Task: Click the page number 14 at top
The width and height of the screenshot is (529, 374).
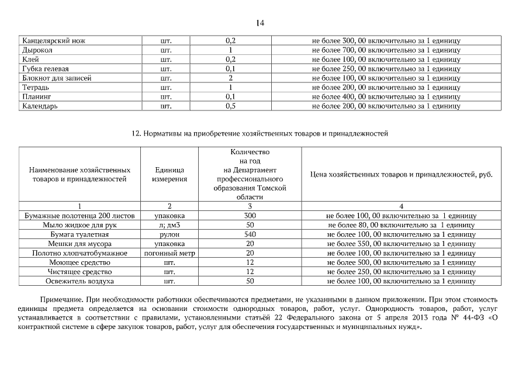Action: (260, 23)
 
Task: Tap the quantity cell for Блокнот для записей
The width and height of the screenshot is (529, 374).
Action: (230, 78)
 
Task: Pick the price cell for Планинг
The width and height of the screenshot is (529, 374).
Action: (386, 96)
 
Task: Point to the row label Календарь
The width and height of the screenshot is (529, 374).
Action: (40, 106)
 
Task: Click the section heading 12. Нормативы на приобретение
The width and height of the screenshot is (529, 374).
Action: (260, 134)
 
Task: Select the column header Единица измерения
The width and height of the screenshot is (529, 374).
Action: (170, 174)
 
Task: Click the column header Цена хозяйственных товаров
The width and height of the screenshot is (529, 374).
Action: (401, 174)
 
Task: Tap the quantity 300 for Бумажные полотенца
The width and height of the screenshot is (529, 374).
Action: (250, 216)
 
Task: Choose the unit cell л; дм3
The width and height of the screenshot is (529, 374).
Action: (170, 225)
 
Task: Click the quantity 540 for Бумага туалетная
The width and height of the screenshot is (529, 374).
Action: (250, 234)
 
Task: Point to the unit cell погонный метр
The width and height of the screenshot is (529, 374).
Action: (170, 253)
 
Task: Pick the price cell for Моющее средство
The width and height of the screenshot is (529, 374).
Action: (401, 262)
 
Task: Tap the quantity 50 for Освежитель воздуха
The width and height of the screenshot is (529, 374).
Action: (250, 281)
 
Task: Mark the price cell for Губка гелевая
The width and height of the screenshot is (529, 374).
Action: (386, 69)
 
